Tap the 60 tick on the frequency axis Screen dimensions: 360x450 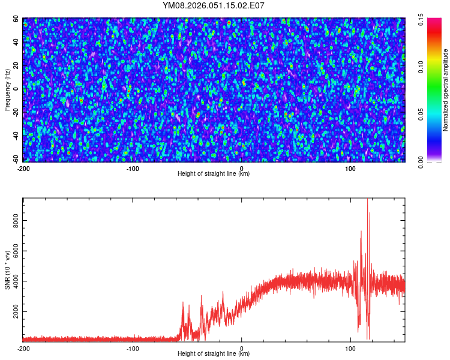(17, 19)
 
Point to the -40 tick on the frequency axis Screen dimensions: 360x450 (16, 135)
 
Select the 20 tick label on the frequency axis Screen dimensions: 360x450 (17, 65)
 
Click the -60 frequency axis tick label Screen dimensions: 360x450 (16, 158)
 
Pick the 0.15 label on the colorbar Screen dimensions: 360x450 (421, 22)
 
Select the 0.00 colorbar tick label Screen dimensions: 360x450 (421, 161)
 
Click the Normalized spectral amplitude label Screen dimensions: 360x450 (430, 90)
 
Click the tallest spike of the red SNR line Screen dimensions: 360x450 (367, 200)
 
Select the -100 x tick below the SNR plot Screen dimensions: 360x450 (133, 349)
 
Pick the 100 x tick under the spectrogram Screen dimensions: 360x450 (351, 169)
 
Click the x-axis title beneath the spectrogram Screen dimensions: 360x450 (214, 174)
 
